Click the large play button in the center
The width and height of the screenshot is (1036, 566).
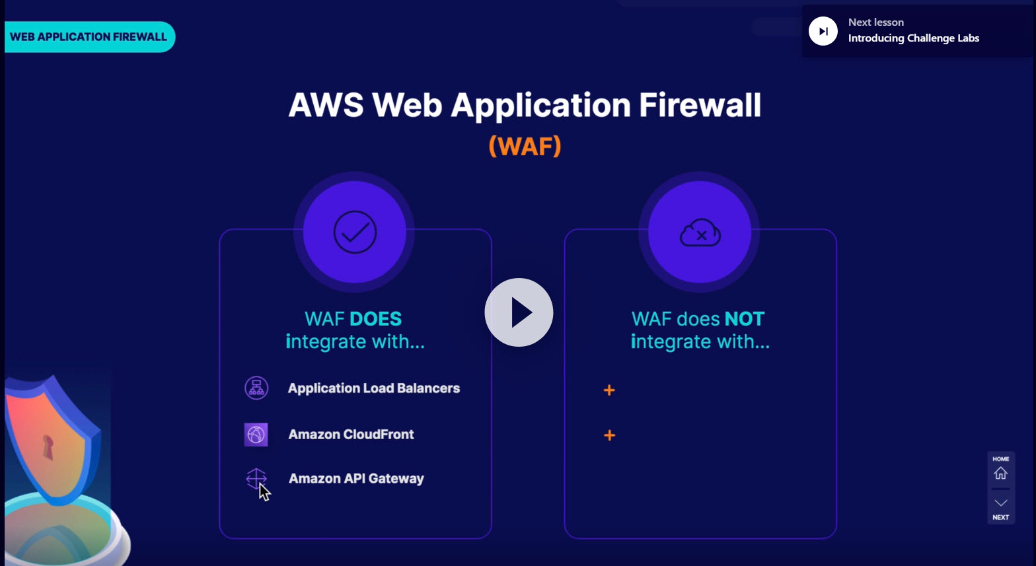(x=519, y=312)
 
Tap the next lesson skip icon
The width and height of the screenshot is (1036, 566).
(x=823, y=31)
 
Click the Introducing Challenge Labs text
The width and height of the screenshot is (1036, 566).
(x=913, y=38)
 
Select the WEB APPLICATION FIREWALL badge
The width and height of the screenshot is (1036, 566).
(x=89, y=37)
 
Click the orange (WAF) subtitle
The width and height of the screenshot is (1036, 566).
(x=525, y=146)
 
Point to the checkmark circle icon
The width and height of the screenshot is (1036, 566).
(x=355, y=232)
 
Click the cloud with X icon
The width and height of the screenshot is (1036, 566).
(x=700, y=233)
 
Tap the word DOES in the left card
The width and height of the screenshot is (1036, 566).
(x=376, y=319)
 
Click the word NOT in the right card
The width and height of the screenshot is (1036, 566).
(x=744, y=319)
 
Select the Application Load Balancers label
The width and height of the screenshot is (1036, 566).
(x=373, y=388)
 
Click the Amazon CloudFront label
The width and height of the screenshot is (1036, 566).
(x=351, y=435)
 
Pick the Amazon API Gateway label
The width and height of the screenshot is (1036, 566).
(x=356, y=479)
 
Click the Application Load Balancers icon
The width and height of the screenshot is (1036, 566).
(x=256, y=388)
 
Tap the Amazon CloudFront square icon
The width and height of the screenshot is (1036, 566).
(x=256, y=435)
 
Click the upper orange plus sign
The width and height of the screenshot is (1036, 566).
(x=609, y=390)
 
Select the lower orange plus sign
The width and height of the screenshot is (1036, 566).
(x=609, y=435)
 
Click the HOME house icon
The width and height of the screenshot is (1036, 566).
(x=1000, y=473)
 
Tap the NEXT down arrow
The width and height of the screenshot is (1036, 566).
(x=1000, y=503)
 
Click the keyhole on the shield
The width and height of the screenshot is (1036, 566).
(x=48, y=447)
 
